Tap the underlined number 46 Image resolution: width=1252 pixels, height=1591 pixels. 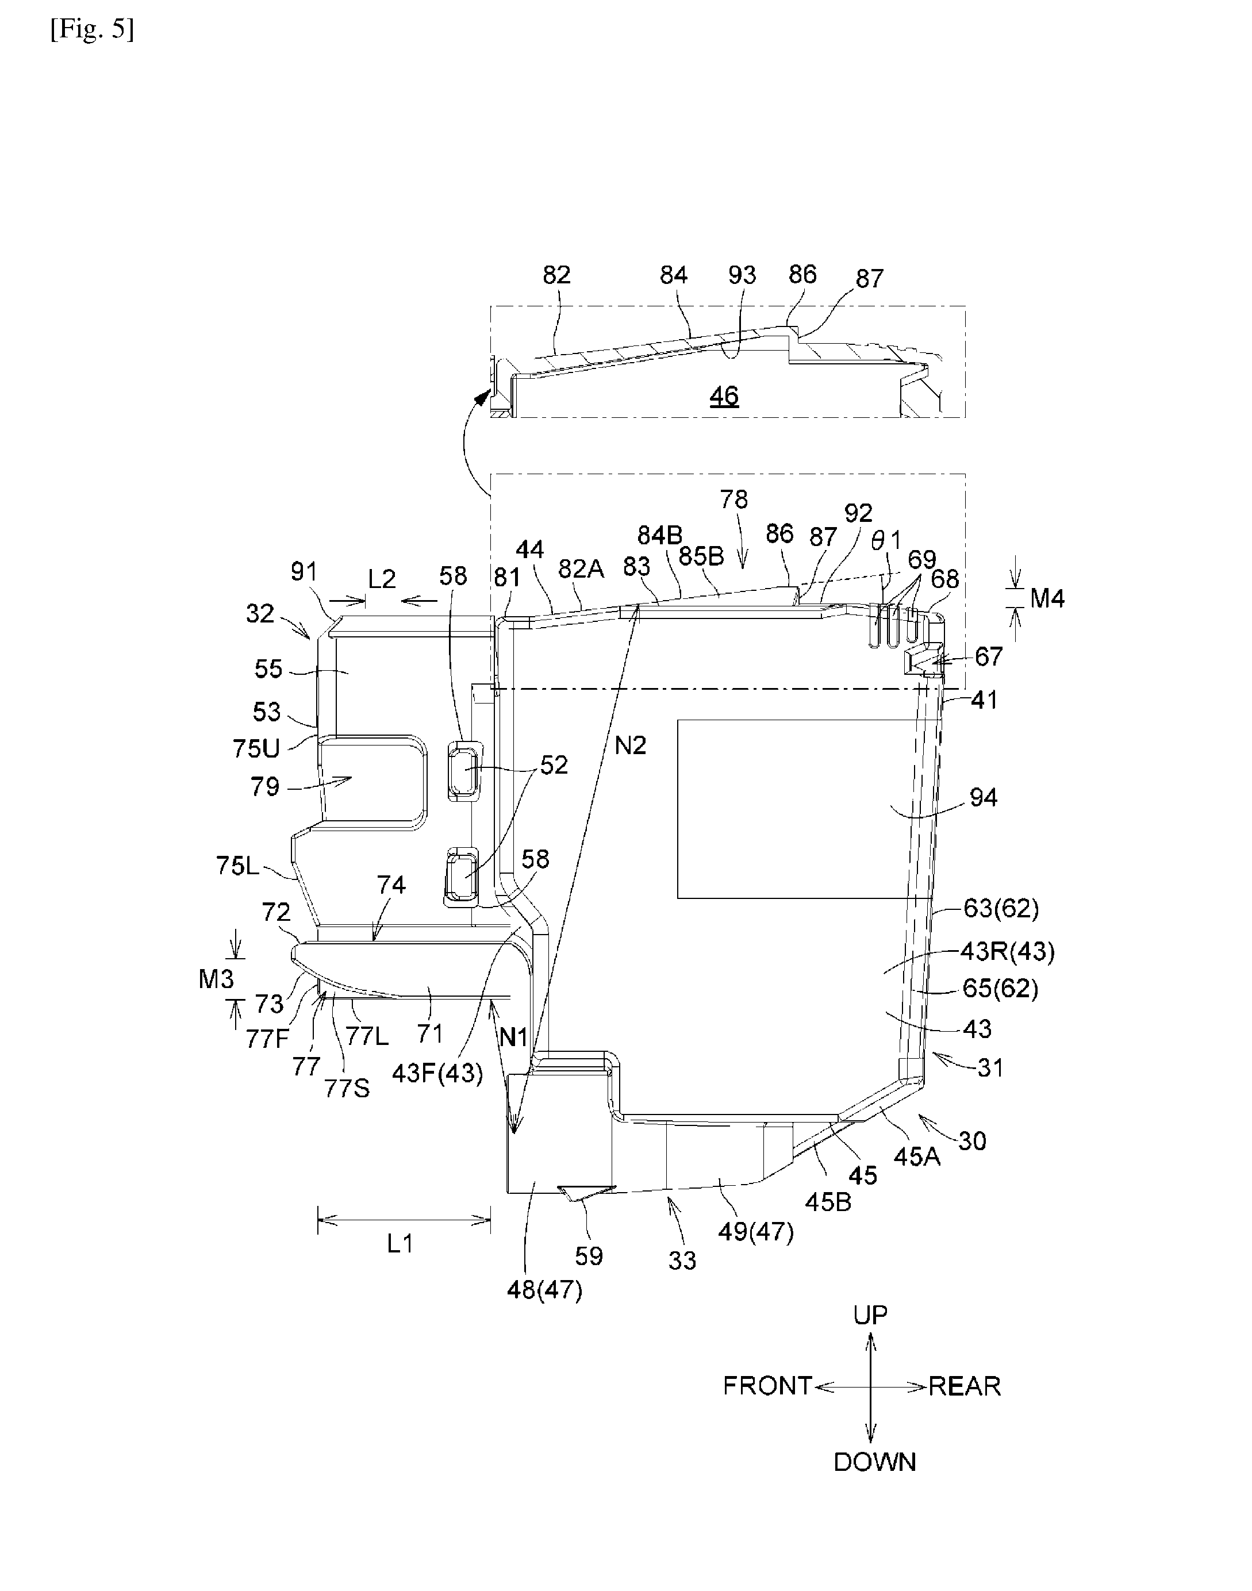click(x=724, y=397)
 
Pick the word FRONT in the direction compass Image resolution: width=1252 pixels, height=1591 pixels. click(x=767, y=1386)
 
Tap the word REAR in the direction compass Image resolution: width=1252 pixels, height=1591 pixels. click(x=965, y=1386)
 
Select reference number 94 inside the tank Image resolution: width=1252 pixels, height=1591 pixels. click(x=983, y=797)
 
